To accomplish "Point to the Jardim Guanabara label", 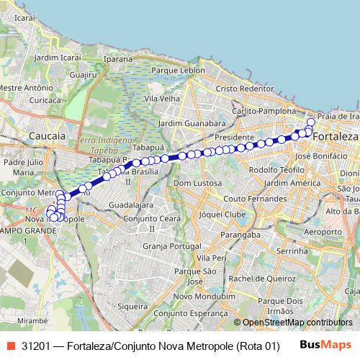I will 186,123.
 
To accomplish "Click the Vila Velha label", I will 161,98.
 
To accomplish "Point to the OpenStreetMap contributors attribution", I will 297,323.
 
